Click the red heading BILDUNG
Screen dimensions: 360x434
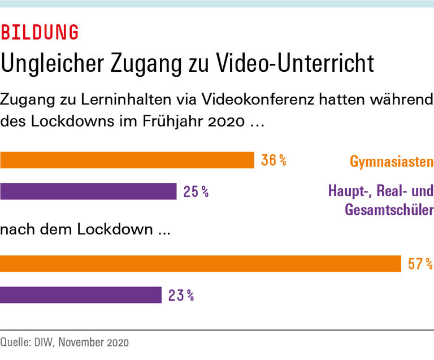[x=40, y=33]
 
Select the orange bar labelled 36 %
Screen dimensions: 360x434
[x=127, y=161]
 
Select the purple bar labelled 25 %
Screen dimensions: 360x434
[x=88, y=192]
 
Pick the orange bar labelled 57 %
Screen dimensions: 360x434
[x=200, y=264]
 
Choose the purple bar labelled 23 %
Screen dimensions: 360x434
[x=81, y=295]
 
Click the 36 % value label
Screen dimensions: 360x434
[x=274, y=161]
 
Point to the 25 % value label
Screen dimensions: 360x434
[x=196, y=192]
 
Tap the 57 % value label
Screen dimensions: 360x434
[x=420, y=264]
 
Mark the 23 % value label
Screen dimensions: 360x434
[x=181, y=295]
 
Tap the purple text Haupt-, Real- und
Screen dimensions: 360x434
[x=380, y=191]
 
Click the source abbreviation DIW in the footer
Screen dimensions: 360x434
[x=44, y=342]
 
